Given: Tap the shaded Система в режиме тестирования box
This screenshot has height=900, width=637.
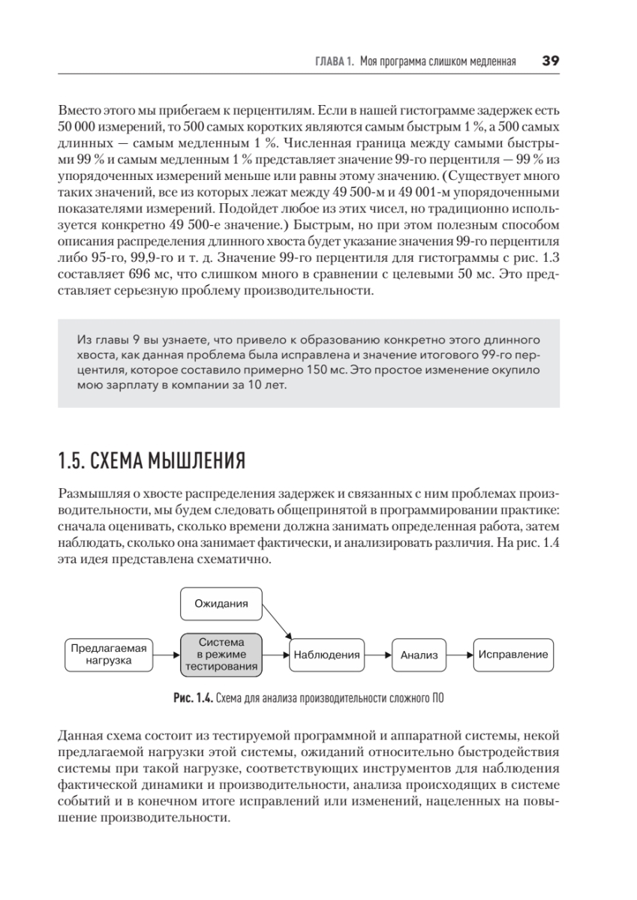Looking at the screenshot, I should [221, 654].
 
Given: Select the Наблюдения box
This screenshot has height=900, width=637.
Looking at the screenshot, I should [326, 654].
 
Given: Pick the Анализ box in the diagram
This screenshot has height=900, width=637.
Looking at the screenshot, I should [419, 655].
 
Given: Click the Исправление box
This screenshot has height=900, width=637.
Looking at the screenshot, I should [512, 654].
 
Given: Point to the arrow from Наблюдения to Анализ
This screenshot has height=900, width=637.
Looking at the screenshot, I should [377, 654].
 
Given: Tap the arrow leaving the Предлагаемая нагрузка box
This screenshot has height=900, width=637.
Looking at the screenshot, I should [167, 654].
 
